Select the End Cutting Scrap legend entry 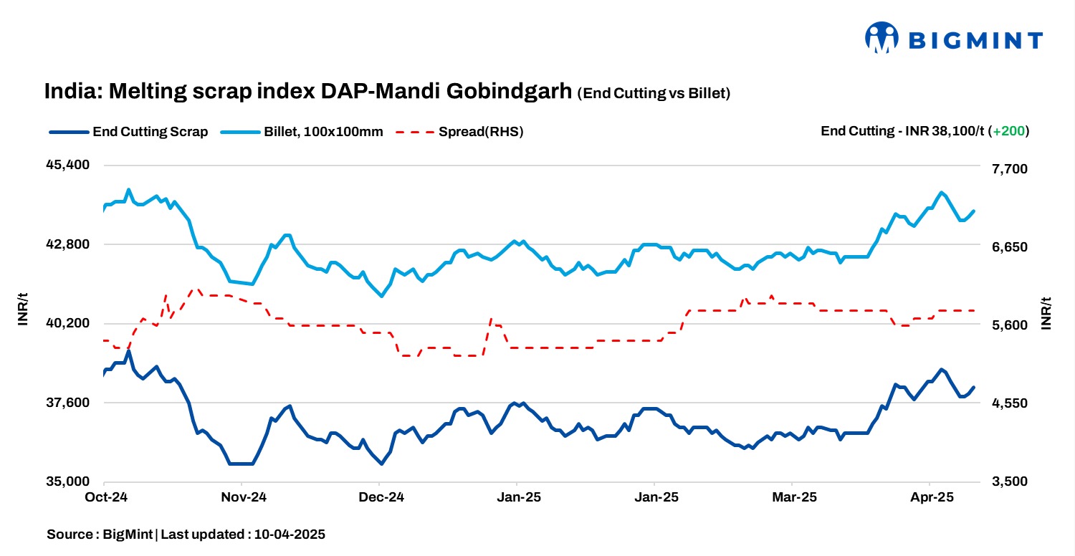(129, 132)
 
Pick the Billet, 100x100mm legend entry (302, 132)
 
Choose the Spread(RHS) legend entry (459, 132)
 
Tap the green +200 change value (1009, 131)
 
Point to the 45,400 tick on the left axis (69, 165)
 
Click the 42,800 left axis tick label (69, 244)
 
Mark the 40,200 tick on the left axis (69, 323)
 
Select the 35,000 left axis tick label (69, 482)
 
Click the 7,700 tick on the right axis (1008, 168)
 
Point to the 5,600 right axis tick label (1008, 325)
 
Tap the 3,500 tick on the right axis (1008, 482)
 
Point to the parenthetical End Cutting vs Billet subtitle (654, 94)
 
